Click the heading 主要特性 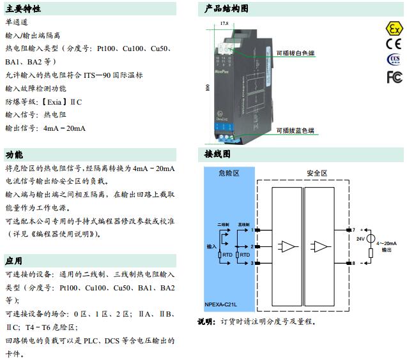pyautogui.click(x=22, y=9)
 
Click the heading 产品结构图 pyautogui.click(x=226, y=9)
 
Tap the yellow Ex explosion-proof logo pyautogui.click(x=394, y=29)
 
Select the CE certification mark pyautogui.click(x=394, y=45)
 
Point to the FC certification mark pyautogui.click(x=394, y=77)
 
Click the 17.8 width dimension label pyautogui.click(x=224, y=23)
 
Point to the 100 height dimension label pyautogui.click(x=208, y=87)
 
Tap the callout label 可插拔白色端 pyautogui.click(x=295, y=55)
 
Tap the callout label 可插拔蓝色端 pyautogui.click(x=295, y=131)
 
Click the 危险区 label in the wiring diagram pyautogui.click(x=229, y=173)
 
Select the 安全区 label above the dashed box pyautogui.click(x=317, y=173)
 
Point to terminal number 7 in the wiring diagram pyautogui.click(x=353, y=230)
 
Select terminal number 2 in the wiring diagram pyautogui.click(x=252, y=246)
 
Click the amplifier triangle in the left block pyautogui.click(x=289, y=246)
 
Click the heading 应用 pyautogui.click(x=14, y=261)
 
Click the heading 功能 pyautogui.click(x=14, y=155)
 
